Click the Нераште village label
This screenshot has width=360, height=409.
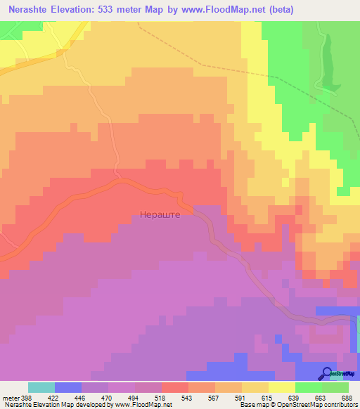[161, 215]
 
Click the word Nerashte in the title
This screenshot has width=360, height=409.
[32, 10]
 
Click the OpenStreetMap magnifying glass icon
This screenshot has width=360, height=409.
[326, 373]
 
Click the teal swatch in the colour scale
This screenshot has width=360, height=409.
[41, 387]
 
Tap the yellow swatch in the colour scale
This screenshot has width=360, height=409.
[281, 387]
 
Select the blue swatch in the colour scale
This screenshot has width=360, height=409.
[67, 387]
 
